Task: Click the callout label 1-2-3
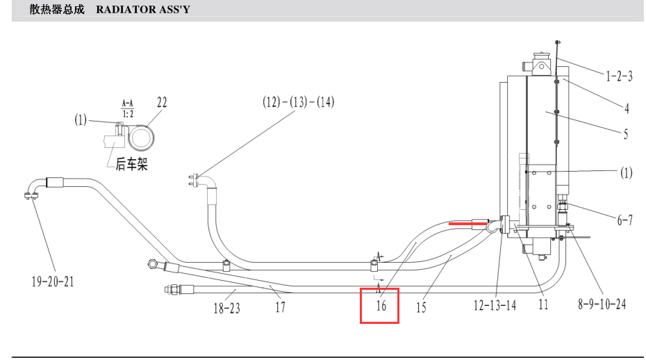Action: click(619, 76)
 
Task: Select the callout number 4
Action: click(627, 108)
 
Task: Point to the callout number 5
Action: click(625, 134)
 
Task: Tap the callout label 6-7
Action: click(624, 220)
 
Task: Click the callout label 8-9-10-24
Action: click(602, 304)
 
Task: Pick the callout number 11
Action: click(543, 304)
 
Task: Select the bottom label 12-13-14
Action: click(495, 305)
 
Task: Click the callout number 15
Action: click(421, 307)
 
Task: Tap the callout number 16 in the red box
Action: click(381, 306)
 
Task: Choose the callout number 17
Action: click(280, 307)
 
